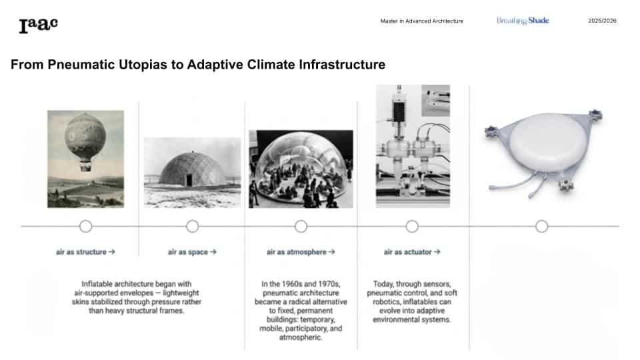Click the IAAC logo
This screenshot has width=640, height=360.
(39, 25)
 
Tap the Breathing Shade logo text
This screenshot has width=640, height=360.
(523, 21)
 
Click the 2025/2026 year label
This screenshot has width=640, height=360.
(602, 21)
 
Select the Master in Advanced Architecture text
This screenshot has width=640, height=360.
(421, 21)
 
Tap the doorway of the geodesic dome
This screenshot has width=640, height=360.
(189, 180)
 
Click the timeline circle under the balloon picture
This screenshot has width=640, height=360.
(86, 226)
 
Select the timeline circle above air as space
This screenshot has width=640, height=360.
(192, 226)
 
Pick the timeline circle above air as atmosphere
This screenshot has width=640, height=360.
(301, 226)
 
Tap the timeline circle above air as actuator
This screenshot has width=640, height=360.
(412, 226)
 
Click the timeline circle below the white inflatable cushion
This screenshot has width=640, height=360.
(541, 226)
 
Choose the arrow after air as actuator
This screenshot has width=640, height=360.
(437, 252)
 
